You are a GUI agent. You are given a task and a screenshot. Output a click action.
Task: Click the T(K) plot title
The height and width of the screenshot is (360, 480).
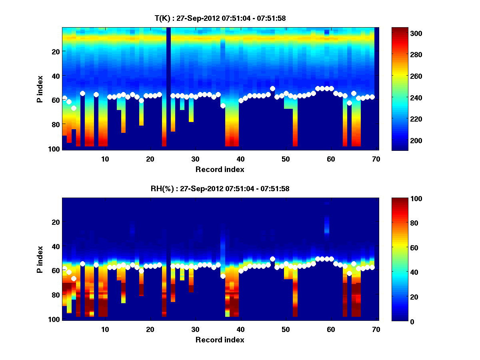(x=220, y=18)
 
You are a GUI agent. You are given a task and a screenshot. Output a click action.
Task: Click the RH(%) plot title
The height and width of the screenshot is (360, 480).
(x=220, y=188)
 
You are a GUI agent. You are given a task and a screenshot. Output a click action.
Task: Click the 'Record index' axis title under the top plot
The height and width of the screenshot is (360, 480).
(x=220, y=169)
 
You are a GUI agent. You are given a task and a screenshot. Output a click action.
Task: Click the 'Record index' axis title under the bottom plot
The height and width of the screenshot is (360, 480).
(x=220, y=340)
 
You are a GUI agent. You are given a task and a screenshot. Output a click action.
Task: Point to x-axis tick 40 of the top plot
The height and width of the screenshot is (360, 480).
(x=240, y=159)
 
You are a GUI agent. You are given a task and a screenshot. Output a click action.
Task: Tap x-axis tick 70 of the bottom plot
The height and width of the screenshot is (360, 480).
(x=376, y=329)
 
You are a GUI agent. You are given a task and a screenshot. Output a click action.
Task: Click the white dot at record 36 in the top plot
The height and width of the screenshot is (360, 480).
(x=223, y=106)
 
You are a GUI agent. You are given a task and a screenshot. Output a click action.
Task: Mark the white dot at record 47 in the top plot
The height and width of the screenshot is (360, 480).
(x=272, y=88)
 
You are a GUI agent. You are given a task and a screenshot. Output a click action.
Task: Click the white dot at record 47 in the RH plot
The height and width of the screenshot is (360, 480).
(x=272, y=259)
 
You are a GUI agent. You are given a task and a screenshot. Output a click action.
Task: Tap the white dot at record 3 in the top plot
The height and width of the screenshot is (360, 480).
(x=74, y=108)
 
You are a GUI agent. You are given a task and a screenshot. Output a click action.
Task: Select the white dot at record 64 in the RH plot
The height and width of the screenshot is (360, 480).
(x=349, y=273)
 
